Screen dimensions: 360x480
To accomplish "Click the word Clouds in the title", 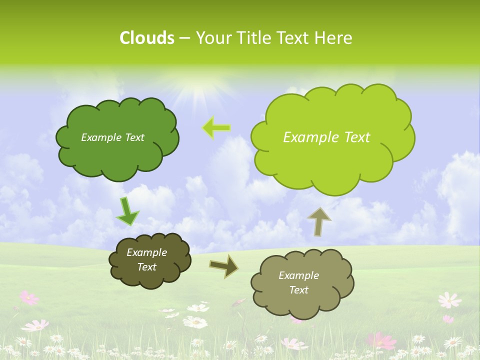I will click(x=146, y=38).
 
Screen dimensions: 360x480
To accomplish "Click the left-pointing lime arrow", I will click(x=216, y=127).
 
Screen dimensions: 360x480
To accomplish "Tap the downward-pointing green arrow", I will click(x=127, y=211).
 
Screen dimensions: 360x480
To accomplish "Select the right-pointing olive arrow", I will click(x=223, y=265).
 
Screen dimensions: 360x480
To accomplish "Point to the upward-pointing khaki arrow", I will click(x=319, y=221).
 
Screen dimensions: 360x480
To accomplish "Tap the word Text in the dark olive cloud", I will click(x=146, y=267).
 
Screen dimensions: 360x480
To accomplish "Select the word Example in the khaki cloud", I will click(x=298, y=275).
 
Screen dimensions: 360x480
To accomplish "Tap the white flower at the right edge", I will click(x=449, y=300).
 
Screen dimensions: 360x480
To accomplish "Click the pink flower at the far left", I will click(x=29, y=297).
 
